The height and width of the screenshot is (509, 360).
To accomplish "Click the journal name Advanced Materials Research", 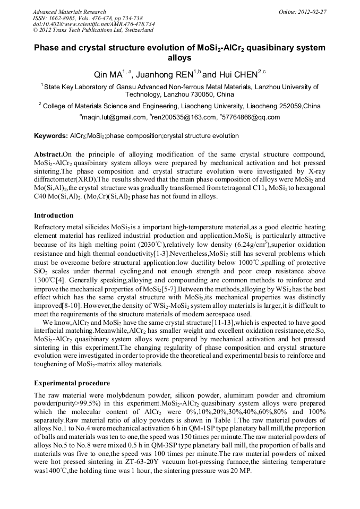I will [69, 12].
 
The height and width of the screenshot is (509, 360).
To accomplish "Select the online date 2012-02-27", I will [313, 12].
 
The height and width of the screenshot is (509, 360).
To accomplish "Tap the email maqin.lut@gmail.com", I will [113, 117].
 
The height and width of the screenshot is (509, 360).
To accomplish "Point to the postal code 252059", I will [289, 106].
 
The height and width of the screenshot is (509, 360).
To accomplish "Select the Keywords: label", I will [50, 136].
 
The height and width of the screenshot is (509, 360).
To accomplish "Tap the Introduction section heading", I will [54, 215].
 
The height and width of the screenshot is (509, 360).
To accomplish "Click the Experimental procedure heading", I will [72, 383].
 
